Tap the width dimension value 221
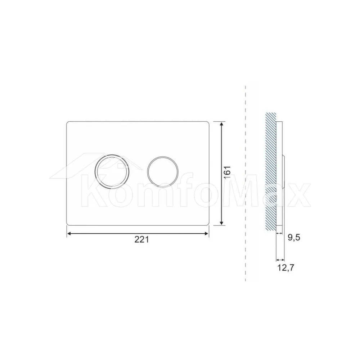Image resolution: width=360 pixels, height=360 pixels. pyautogui.click(x=141, y=240)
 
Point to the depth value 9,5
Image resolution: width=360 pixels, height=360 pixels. pyautogui.click(x=294, y=238)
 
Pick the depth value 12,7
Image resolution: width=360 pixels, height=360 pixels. pyautogui.click(x=285, y=268)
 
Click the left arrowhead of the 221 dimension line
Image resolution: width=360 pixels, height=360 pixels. pyautogui.click(x=69, y=234)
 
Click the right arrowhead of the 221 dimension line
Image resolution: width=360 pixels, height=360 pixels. pyautogui.click(x=206, y=234)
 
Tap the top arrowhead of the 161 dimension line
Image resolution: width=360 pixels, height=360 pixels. pyautogui.click(x=221, y=125)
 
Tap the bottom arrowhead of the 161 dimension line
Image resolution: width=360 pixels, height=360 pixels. pyautogui.click(x=221, y=222)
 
